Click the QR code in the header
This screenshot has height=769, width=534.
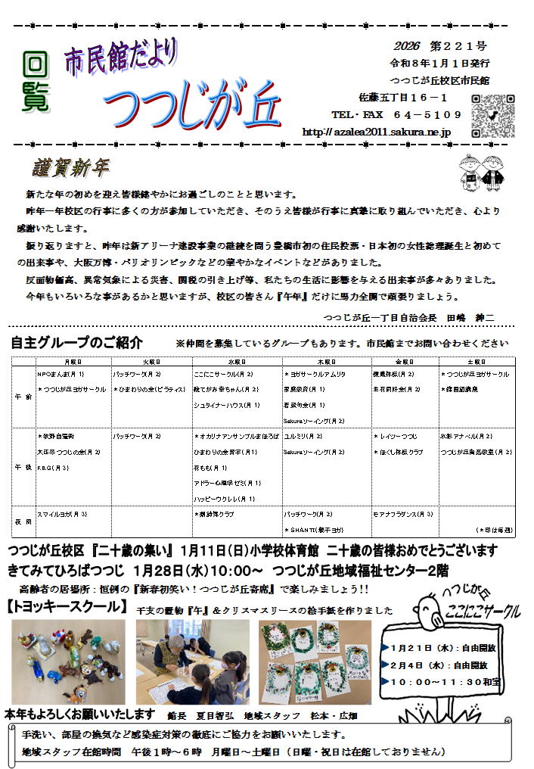click(492, 115)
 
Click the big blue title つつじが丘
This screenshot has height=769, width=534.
click(192, 105)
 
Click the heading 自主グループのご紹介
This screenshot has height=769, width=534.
click(76, 342)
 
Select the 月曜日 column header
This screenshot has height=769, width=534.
click(73, 363)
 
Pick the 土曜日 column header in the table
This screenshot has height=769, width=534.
click(477, 363)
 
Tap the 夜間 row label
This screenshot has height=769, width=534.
click(23, 521)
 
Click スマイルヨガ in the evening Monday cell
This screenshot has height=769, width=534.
click(62, 514)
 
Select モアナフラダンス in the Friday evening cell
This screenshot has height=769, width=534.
click(402, 514)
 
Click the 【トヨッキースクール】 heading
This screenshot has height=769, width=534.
click(67, 606)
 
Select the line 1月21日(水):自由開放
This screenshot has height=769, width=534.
click(439, 649)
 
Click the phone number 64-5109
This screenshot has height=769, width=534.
click(427, 115)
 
